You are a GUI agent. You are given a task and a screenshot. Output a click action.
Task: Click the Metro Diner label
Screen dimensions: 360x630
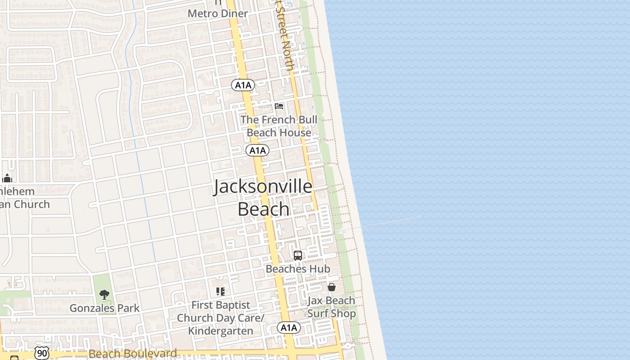[218, 13]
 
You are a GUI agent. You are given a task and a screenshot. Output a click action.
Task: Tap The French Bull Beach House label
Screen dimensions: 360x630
[279, 126]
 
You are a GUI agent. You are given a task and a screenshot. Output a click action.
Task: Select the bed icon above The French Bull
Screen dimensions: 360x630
[279, 107]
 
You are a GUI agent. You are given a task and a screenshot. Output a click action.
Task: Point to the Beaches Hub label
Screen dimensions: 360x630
[298, 269]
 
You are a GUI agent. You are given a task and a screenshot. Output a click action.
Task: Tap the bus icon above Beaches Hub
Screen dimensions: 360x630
[298, 256]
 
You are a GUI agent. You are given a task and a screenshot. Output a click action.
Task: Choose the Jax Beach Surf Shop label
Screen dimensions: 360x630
[332, 307]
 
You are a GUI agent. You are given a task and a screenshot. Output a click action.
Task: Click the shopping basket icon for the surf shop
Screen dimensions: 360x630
[332, 287]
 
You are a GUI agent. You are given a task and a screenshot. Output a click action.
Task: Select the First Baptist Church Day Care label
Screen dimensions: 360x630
[220, 318]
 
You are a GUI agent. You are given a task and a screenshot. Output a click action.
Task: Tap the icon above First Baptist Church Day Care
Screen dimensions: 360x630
[220, 292]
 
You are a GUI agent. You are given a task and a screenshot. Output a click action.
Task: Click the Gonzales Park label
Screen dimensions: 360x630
[104, 308]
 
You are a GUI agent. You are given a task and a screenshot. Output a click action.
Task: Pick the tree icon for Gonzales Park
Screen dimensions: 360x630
[104, 295]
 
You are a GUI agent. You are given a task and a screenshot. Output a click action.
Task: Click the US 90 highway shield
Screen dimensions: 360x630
[42, 353]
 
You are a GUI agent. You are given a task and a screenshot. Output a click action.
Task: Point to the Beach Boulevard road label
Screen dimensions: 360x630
[133, 354]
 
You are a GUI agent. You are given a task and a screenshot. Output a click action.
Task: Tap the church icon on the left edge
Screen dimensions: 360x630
[7, 178]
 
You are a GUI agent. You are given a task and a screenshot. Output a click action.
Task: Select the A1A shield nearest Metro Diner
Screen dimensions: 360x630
[243, 85]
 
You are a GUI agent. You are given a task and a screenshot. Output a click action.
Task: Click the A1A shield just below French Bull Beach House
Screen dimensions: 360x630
[257, 150]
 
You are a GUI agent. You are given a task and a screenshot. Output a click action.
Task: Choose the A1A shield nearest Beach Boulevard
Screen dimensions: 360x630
[288, 328]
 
